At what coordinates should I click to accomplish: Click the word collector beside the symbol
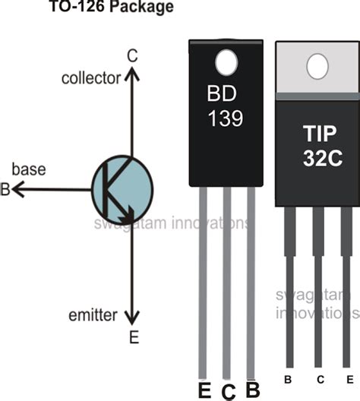click(x=92, y=78)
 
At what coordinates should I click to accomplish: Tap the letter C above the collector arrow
click(x=132, y=55)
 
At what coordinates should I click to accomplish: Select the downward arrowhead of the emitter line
click(x=134, y=317)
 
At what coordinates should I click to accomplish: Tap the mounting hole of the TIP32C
click(x=317, y=67)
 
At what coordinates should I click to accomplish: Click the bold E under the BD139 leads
click(x=203, y=391)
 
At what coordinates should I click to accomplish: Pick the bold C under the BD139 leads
click(x=227, y=392)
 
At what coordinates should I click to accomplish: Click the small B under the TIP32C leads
click(x=288, y=378)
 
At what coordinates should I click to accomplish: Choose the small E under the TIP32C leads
click(x=348, y=378)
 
